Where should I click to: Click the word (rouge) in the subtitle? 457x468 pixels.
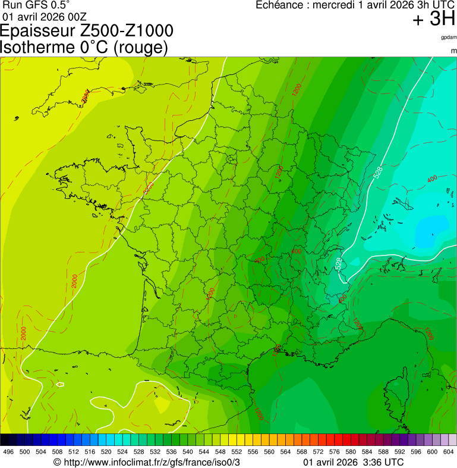(x=140, y=48)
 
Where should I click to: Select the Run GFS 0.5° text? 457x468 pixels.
(x=36, y=5)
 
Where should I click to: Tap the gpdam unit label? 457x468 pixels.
(x=449, y=38)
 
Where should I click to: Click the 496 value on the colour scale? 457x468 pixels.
(x=8, y=452)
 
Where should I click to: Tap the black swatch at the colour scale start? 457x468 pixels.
(x=5, y=440)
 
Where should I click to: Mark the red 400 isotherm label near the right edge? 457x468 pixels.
(x=432, y=179)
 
